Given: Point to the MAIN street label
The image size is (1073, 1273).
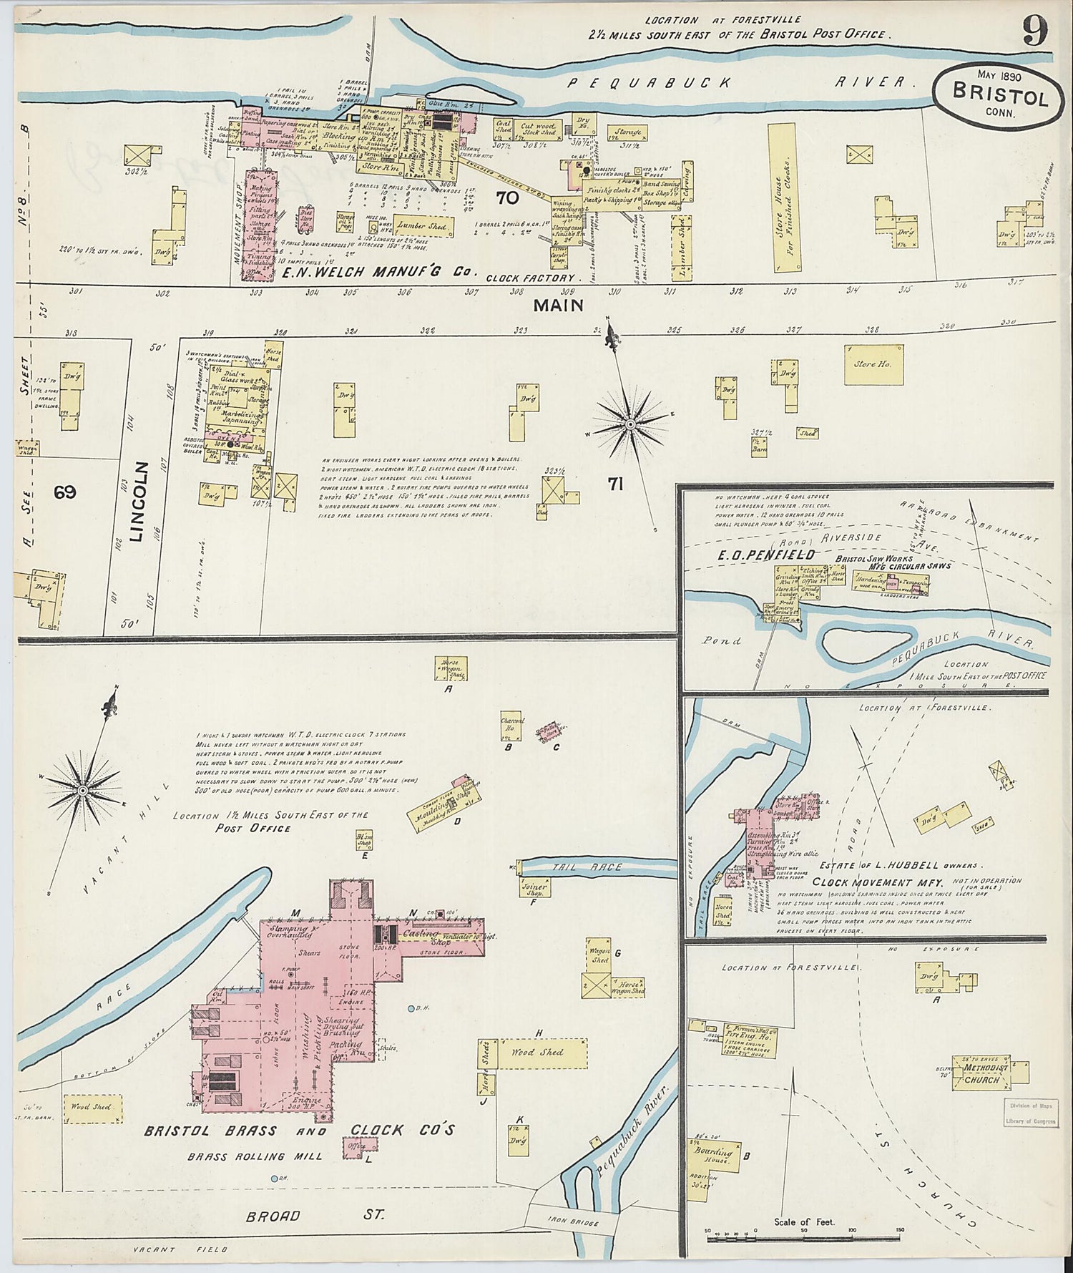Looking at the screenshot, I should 558,306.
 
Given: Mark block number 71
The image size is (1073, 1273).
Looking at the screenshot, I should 615,484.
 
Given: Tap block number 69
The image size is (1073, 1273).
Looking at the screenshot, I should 64,492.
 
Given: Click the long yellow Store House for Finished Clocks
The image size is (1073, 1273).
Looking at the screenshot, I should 783,197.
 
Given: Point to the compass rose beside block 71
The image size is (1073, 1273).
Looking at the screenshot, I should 629,424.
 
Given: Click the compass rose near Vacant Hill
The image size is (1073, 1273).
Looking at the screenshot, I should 82,790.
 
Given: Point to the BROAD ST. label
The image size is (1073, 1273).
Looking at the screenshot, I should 315,1216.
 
